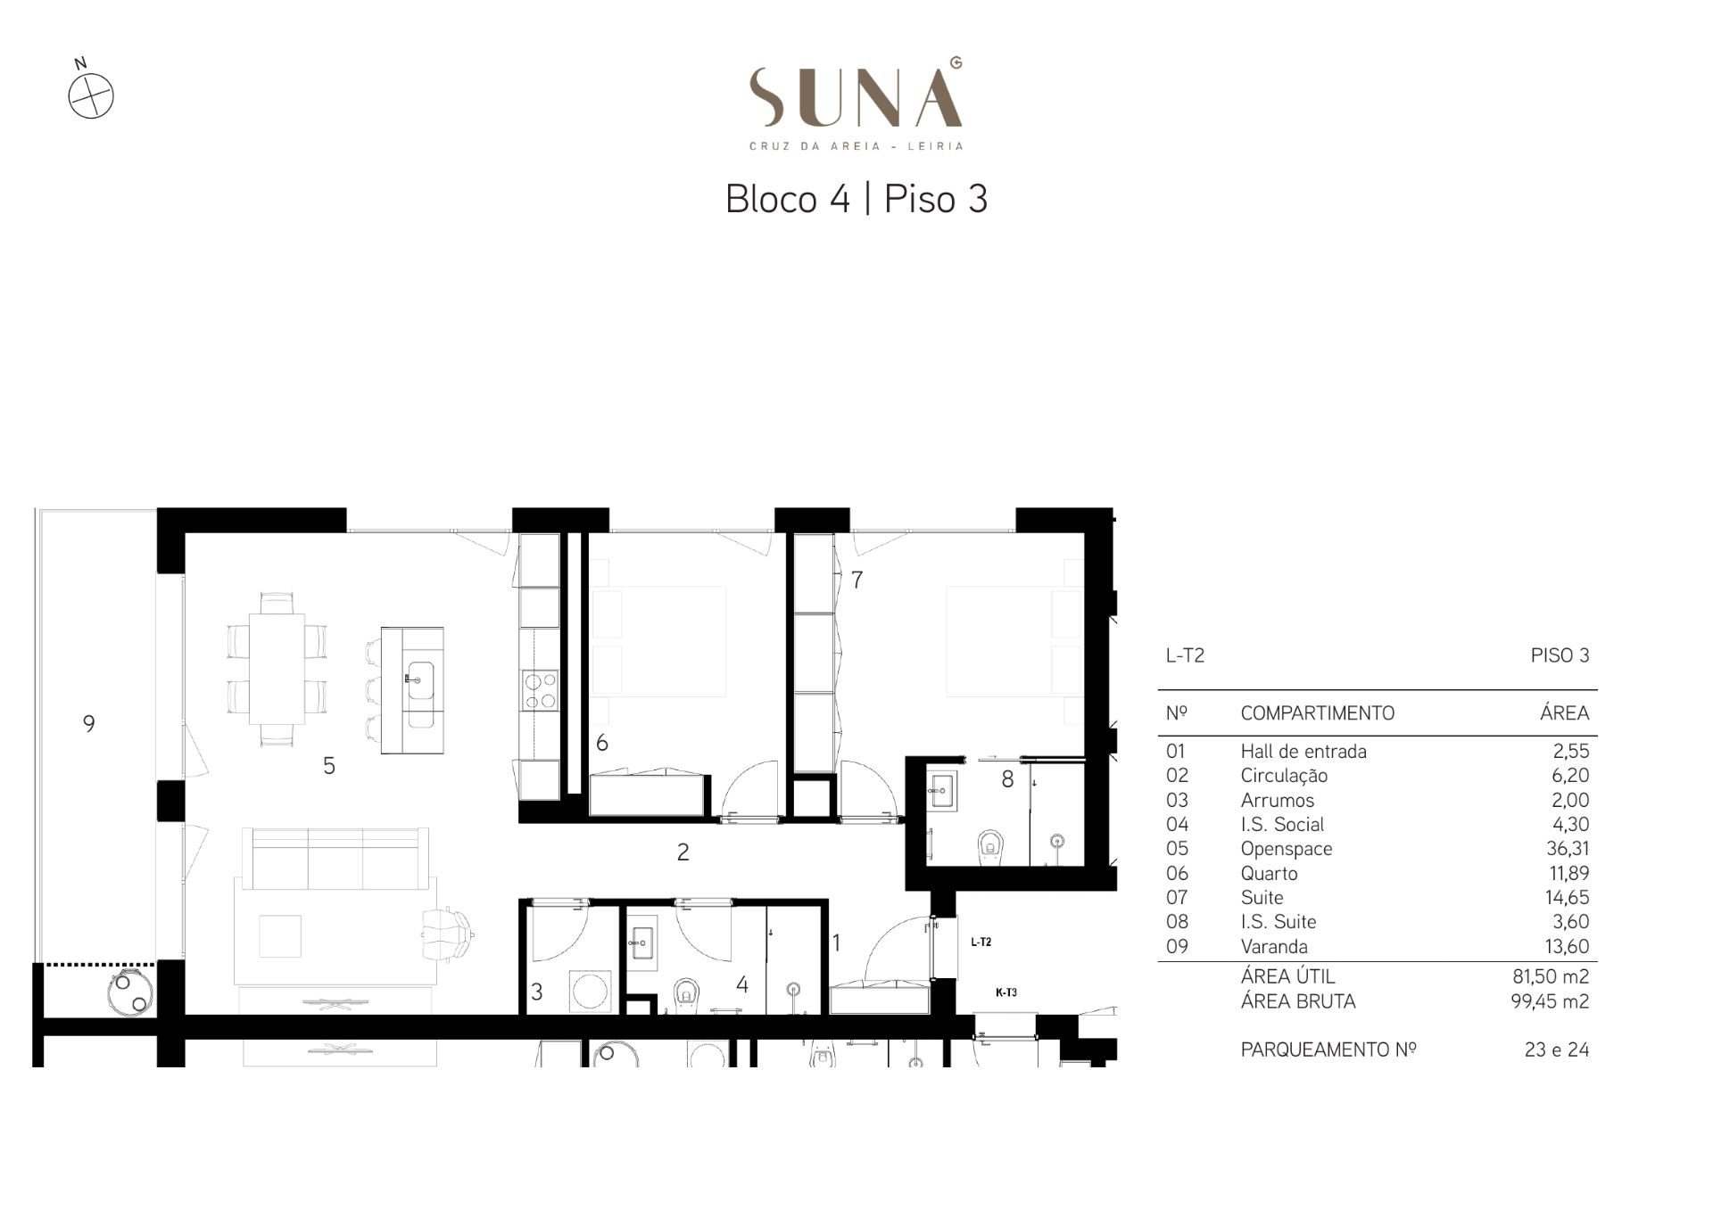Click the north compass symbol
coord(91,95)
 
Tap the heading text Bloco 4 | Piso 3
coord(856,199)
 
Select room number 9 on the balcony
coord(88,723)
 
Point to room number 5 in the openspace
coord(329,765)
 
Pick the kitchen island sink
coord(419,683)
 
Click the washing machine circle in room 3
coord(590,991)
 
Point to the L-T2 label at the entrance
coord(981,942)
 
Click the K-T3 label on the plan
coord(1005,992)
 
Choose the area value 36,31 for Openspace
coord(1568,849)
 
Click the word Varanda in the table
coord(1274,947)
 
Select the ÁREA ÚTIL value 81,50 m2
coord(1551,976)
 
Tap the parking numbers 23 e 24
coord(1557,1050)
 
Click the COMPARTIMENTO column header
coord(1317,713)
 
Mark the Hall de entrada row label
coord(1303,752)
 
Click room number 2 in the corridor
coord(683,852)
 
